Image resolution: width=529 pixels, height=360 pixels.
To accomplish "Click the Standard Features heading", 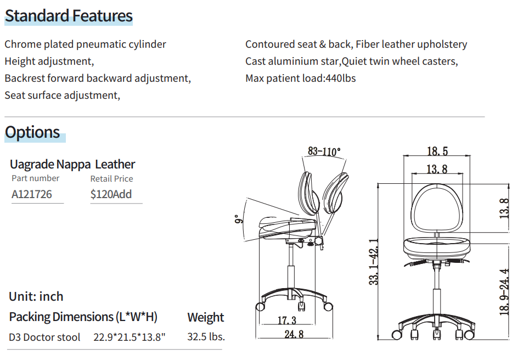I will (x=69, y=16).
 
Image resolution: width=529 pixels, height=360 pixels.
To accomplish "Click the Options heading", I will (x=32, y=132).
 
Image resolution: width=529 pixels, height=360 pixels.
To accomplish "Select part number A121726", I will (x=32, y=194).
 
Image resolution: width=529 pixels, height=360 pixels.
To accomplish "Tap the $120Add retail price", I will (x=111, y=194).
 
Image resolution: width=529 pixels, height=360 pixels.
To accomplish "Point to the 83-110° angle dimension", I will (x=324, y=151).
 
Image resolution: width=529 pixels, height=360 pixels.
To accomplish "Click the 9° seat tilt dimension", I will (x=237, y=220).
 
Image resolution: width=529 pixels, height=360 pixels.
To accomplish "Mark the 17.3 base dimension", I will (x=286, y=320).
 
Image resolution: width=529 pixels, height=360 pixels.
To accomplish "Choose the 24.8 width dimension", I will (x=294, y=334).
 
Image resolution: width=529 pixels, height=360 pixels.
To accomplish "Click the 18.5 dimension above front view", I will (x=437, y=151).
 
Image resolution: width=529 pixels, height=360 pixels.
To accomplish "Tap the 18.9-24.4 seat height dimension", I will (x=505, y=291).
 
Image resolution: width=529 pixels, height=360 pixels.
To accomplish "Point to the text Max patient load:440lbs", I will (x=300, y=78).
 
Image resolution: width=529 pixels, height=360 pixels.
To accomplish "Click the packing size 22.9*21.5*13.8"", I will (x=130, y=337).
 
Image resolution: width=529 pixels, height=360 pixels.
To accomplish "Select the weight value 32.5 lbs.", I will (x=206, y=337).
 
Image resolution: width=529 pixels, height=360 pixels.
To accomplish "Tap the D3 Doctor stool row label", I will (x=44, y=337).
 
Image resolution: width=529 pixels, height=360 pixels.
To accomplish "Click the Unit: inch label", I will (x=36, y=297).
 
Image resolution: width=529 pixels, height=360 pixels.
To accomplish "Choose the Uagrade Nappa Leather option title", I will (x=72, y=164).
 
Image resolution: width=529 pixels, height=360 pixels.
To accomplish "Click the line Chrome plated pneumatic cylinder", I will (x=85, y=44).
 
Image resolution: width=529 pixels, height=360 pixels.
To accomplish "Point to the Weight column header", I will (x=205, y=317).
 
